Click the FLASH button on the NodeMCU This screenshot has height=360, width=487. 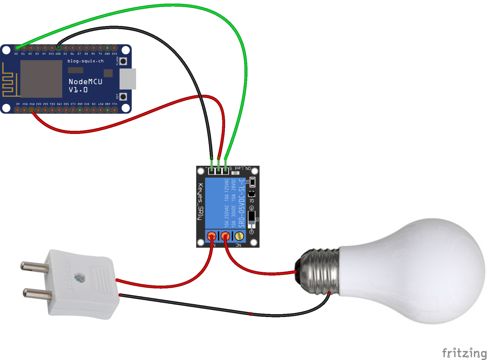(123, 61)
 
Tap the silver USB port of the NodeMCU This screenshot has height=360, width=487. (128, 79)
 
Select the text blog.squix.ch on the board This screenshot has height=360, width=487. (86, 61)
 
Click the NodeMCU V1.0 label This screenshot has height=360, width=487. (85, 86)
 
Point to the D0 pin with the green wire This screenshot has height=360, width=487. (17, 48)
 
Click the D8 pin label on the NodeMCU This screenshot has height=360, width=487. (86, 54)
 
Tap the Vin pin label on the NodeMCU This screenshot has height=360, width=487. (115, 104)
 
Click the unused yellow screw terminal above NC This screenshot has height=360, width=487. (239, 236)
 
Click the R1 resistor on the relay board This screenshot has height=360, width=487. (252, 182)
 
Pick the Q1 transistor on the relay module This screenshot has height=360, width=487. (251, 194)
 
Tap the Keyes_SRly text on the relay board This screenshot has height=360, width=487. (201, 202)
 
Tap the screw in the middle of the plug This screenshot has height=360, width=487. (79, 279)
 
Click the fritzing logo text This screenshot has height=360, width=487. (464, 353)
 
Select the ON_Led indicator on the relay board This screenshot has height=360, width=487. (235, 173)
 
